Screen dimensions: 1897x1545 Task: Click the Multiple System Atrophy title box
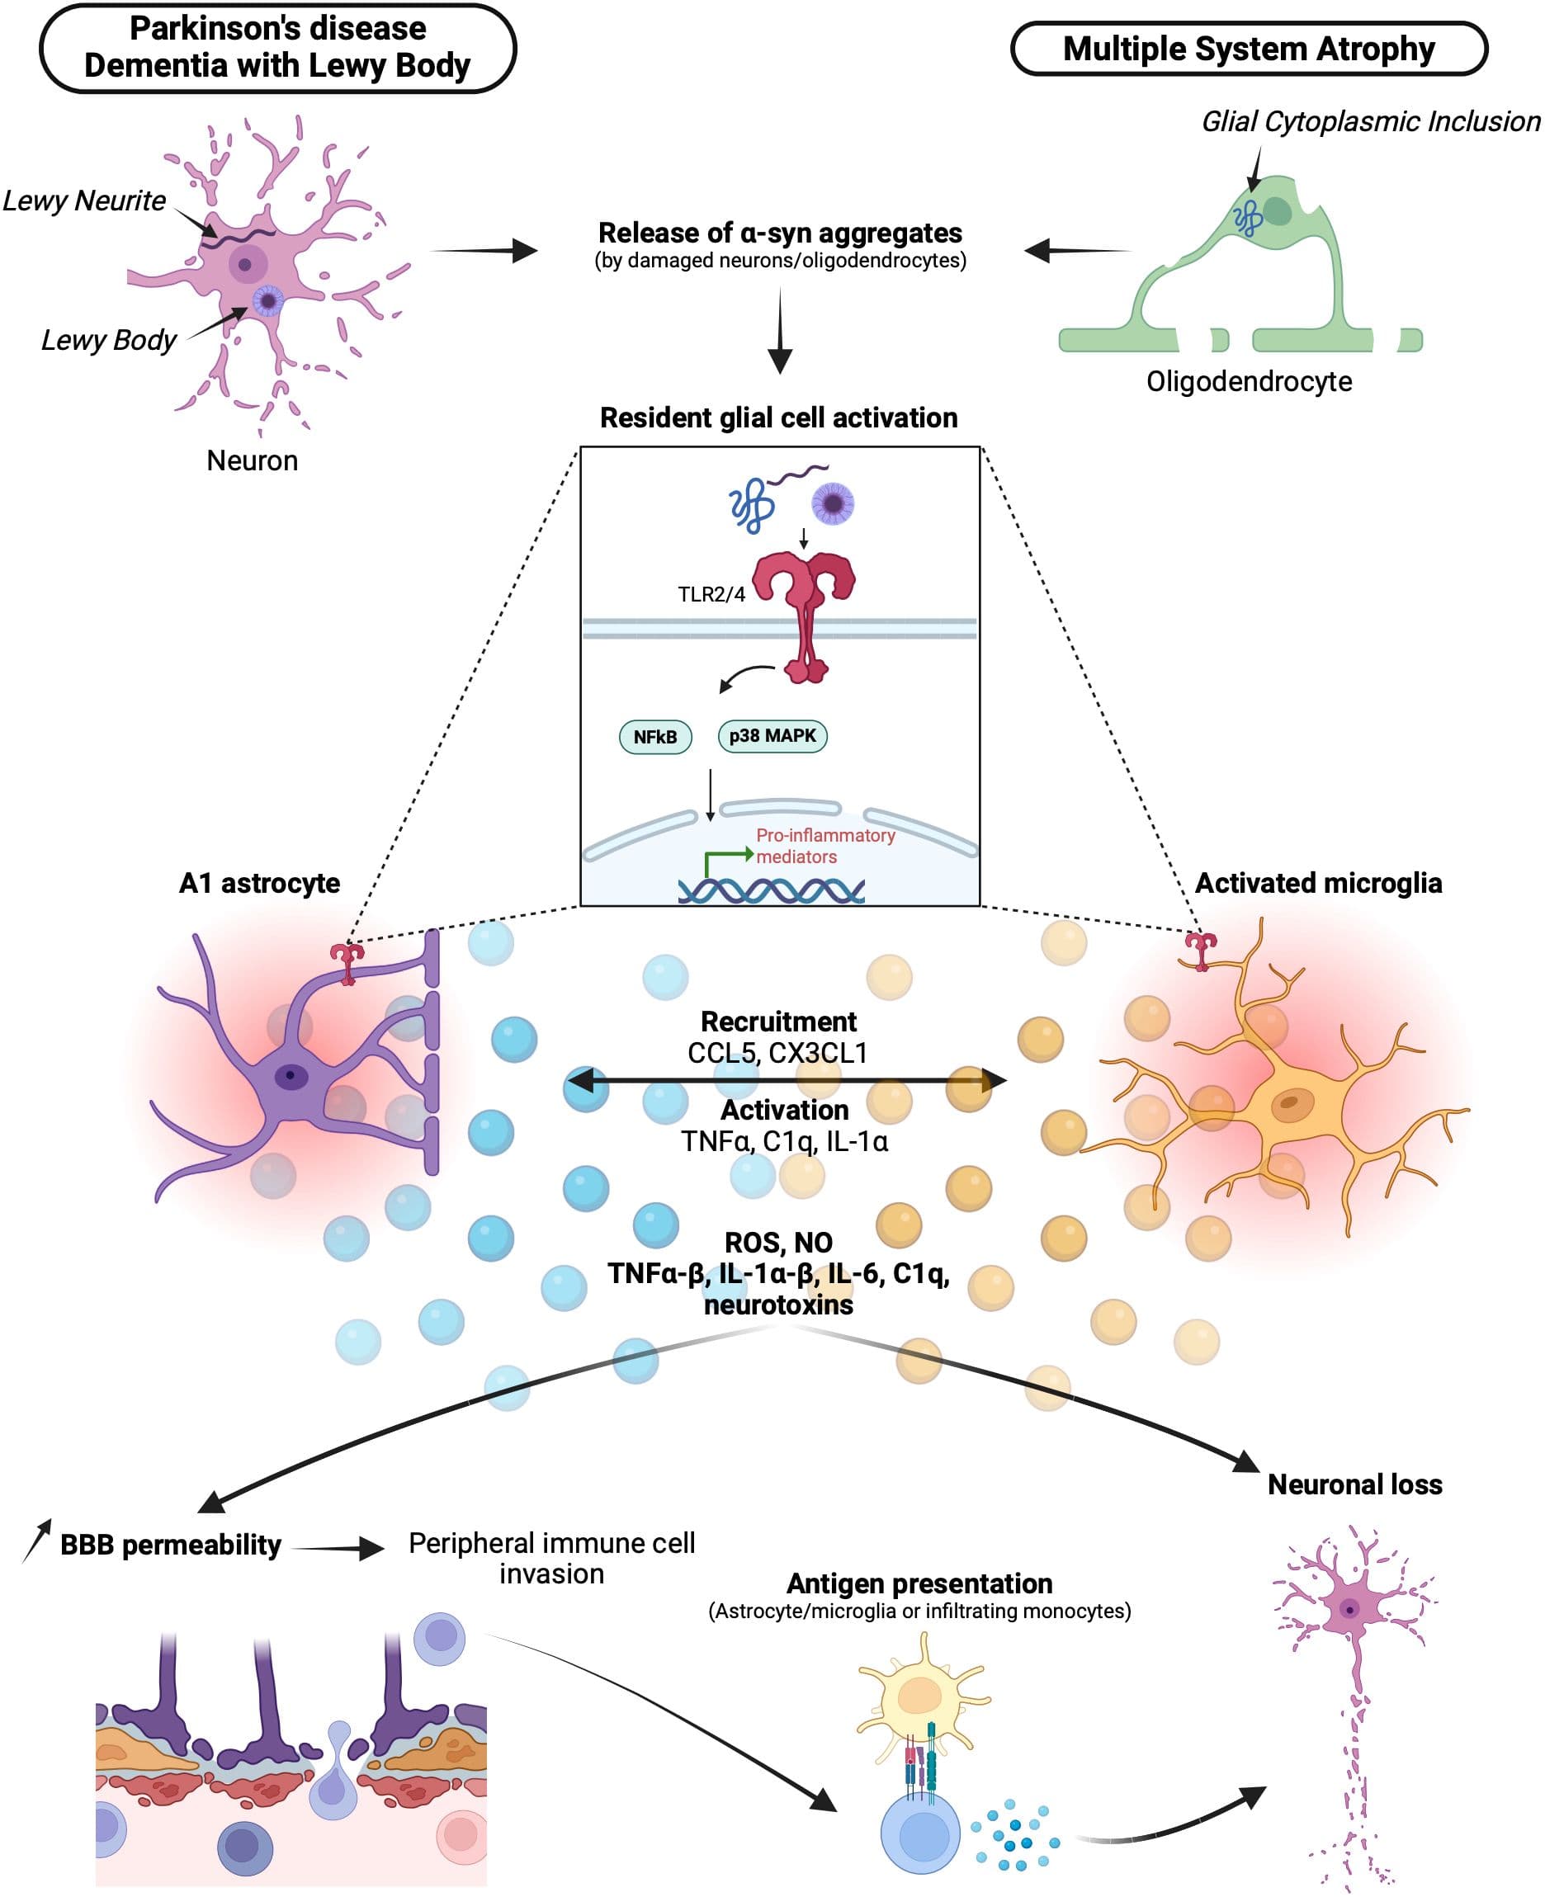pos(1248,49)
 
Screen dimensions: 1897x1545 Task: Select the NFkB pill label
pos(655,737)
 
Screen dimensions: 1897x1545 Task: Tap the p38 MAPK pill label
pos(772,736)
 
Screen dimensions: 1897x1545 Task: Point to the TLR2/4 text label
pos(711,594)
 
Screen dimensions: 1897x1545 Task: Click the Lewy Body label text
pos(109,340)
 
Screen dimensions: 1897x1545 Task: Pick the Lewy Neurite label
pos(84,201)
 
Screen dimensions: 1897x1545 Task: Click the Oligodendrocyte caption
pos(1248,382)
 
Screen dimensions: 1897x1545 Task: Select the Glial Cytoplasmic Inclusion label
pos(1370,122)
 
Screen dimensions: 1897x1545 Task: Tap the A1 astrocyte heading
pos(259,883)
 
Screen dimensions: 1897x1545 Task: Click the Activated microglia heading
pos(1317,883)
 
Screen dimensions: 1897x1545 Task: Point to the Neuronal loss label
pos(1354,1484)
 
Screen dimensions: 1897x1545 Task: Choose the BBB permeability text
pos(170,1545)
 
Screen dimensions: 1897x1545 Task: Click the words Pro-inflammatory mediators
pos(824,846)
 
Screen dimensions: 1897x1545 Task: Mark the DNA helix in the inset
pos(771,890)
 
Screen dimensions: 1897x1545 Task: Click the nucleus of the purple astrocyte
pos(291,1077)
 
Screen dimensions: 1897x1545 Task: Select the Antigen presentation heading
pos(919,1583)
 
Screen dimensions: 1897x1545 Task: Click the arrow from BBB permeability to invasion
pos(338,1549)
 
